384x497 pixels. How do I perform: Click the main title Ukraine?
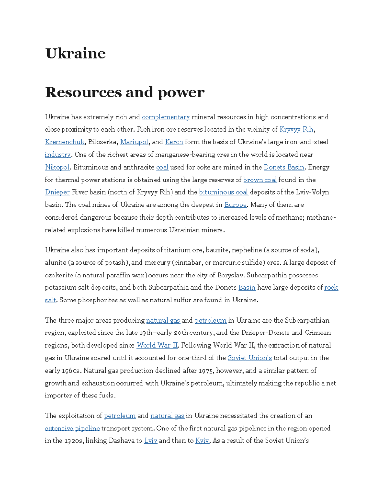point(76,53)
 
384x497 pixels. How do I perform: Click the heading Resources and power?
point(125,92)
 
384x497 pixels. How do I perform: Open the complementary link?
point(166,117)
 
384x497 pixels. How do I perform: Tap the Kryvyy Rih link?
point(296,129)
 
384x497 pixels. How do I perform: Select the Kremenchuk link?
point(65,142)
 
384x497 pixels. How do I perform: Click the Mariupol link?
point(134,142)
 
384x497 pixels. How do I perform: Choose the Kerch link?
point(174,142)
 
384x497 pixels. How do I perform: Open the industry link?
point(58,155)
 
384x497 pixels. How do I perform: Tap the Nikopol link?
point(57,167)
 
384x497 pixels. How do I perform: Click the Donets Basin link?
point(284,167)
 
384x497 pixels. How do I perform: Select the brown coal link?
point(260,180)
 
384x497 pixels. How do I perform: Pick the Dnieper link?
point(57,192)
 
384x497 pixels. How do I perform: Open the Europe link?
point(235,205)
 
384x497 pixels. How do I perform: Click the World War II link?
point(157,345)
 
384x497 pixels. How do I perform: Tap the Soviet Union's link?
point(250,358)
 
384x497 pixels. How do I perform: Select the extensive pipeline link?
point(72,429)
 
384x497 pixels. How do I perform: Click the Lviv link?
point(151,441)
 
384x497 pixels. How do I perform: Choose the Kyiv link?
point(202,441)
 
